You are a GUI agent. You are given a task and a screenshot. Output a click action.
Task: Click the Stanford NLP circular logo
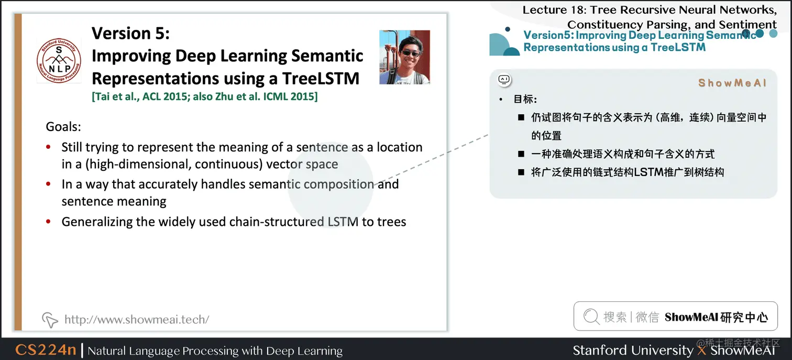click(59, 60)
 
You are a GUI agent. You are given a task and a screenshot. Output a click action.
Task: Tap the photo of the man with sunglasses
click(404, 57)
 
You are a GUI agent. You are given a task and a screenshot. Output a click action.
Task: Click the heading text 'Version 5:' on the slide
click(130, 33)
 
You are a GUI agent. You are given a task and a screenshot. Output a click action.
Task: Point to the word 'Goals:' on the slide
click(63, 127)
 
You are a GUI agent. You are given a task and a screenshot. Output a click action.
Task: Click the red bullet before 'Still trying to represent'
click(49, 147)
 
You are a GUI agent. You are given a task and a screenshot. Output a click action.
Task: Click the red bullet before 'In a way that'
click(49, 184)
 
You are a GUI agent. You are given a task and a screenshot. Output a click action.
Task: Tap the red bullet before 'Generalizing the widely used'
click(49, 222)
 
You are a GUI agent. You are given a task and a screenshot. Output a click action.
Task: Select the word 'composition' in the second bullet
click(339, 184)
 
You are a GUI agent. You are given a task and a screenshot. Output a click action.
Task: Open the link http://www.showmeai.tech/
click(136, 319)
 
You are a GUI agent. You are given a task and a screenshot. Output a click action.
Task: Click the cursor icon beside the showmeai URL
click(50, 319)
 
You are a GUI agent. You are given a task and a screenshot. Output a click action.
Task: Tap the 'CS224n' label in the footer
click(46, 350)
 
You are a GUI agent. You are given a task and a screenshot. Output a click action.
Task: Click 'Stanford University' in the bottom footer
click(632, 350)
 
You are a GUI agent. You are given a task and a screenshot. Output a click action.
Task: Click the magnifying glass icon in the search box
click(591, 317)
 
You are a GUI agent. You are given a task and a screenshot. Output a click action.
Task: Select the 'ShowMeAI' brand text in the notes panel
click(732, 83)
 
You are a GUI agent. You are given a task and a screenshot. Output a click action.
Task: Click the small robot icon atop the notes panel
click(504, 80)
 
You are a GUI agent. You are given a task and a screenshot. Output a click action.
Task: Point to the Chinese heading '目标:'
click(525, 100)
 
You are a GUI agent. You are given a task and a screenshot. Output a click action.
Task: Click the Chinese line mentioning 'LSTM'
click(628, 172)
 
